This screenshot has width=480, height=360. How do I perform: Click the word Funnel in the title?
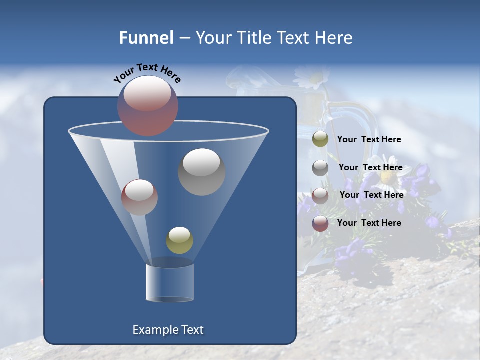click(x=146, y=38)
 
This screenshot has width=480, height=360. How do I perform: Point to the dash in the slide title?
click(x=184, y=38)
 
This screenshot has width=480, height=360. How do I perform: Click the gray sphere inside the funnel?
click(x=202, y=172)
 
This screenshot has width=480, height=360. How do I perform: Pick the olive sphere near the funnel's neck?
click(x=179, y=240)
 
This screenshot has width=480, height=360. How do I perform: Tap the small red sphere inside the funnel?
click(x=139, y=197)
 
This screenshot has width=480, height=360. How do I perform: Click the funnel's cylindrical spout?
click(x=170, y=282)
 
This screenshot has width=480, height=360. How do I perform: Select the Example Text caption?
click(x=168, y=330)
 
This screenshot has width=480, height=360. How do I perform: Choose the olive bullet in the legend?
click(x=320, y=139)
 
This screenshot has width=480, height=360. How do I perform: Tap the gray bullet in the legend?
click(x=320, y=167)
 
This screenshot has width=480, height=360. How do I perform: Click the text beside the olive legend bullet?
click(x=369, y=140)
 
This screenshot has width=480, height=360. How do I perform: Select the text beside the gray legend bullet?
click(x=370, y=168)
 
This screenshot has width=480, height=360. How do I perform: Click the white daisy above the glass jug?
click(x=311, y=77)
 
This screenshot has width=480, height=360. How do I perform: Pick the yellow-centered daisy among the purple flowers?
click(x=387, y=177)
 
